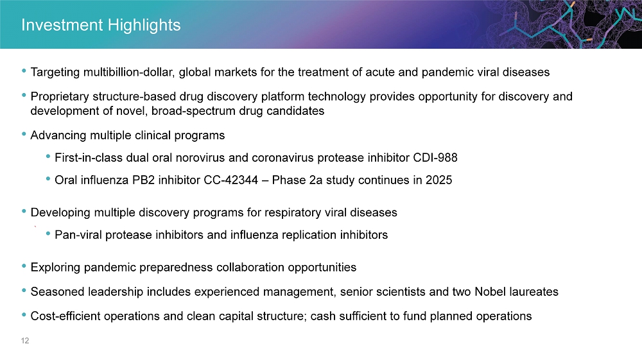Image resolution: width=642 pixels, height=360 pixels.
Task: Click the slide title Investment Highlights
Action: point(101,26)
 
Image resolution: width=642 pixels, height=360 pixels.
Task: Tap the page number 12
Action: point(25,340)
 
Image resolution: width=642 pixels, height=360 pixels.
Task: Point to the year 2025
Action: point(439,180)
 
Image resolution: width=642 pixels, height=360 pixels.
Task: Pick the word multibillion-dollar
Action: point(130,73)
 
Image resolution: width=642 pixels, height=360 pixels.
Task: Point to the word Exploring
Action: point(55,268)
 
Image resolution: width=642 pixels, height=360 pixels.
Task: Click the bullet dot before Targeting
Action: point(24,71)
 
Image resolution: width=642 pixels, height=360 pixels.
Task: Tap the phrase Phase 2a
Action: point(297,180)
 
